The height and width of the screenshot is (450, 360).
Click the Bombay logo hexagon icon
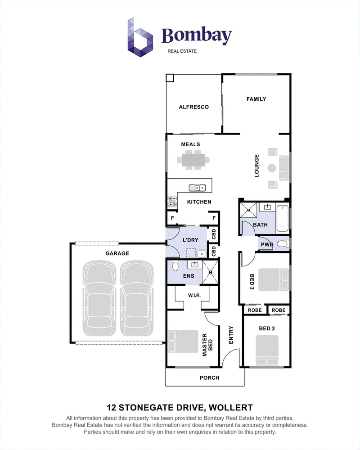[140, 37]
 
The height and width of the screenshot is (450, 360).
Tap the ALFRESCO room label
[194, 107]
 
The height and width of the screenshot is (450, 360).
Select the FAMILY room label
[256, 99]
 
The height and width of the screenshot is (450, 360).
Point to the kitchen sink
[197, 188]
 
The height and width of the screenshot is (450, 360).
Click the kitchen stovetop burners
[172, 202]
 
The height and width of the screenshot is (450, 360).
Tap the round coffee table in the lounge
[272, 168]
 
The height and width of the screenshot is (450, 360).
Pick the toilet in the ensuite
[175, 265]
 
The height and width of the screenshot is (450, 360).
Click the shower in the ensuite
[211, 272]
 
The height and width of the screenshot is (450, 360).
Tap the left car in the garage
[99, 298]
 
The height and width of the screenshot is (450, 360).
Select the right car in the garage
[137, 298]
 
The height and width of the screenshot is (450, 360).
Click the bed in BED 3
[274, 280]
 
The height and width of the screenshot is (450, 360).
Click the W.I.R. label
[194, 295]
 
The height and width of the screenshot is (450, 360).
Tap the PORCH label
[210, 378]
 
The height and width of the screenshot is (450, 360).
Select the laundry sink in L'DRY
[202, 254]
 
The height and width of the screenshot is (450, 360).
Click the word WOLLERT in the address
[231, 408]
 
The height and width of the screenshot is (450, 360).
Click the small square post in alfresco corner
[170, 78]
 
